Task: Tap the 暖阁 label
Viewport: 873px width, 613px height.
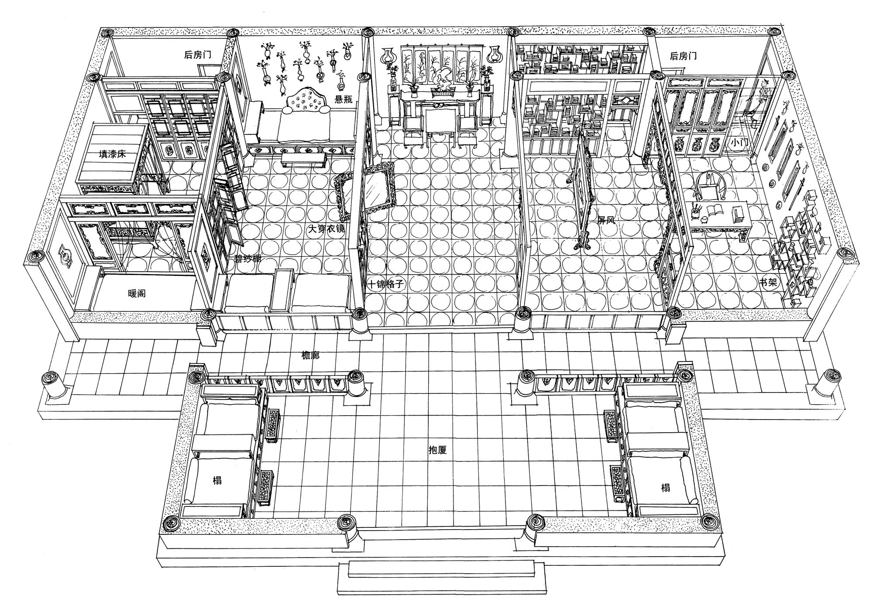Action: click(137, 293)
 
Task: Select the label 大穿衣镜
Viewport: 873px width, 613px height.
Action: click(327, 229)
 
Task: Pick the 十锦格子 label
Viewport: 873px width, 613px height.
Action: click(387, 285)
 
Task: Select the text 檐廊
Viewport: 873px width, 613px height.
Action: click(311, 355)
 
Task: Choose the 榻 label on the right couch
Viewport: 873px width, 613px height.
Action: click(665, 487)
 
